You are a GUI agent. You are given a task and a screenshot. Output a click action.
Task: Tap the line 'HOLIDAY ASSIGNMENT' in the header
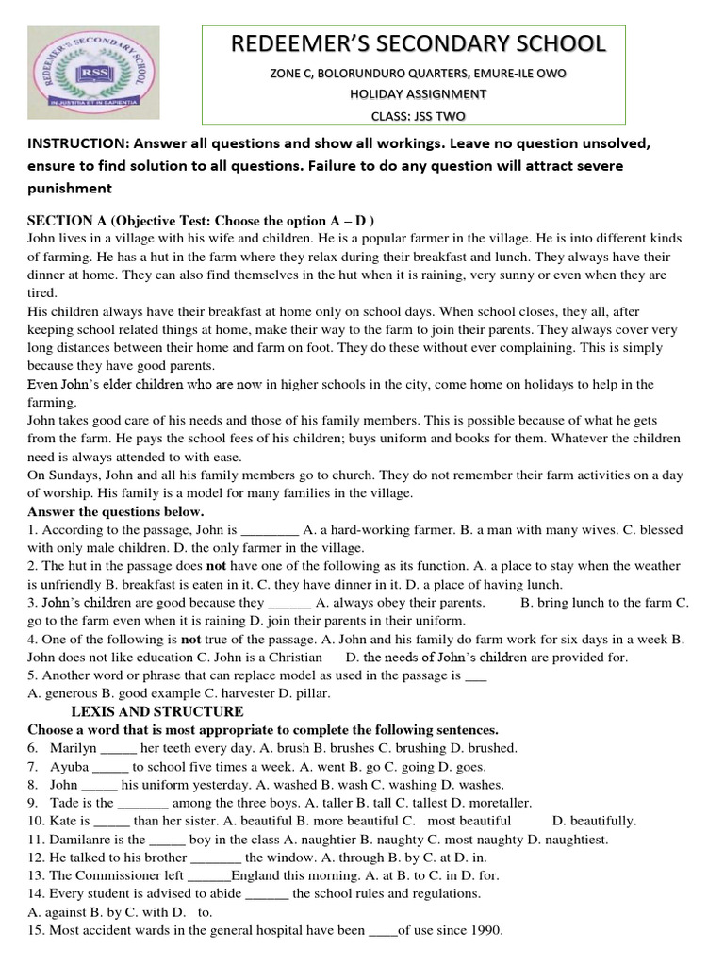[419, 93]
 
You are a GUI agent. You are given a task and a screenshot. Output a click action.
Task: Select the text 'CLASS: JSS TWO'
[419, 116]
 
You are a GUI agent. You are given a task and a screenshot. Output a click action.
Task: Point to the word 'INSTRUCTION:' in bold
[79, 144]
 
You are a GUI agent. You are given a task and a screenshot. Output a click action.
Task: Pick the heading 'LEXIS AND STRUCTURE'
[158, 711]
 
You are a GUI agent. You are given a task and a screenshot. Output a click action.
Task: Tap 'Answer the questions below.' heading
[109, 511]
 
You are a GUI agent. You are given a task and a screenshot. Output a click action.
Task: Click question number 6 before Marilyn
[33, 748]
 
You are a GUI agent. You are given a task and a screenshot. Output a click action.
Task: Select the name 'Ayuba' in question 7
[71, 766]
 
